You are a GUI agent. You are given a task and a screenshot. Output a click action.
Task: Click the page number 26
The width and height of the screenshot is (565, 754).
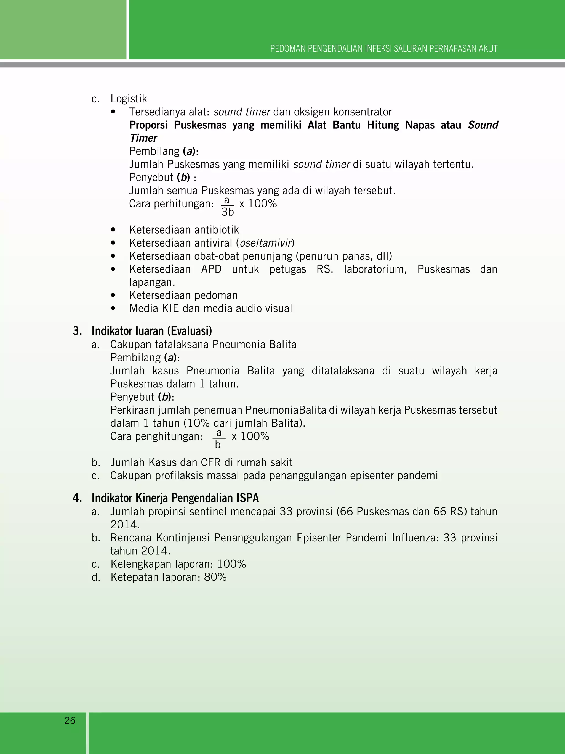tap(70, 720)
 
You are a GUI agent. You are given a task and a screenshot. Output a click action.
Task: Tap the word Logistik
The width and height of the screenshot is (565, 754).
tap(129, 99)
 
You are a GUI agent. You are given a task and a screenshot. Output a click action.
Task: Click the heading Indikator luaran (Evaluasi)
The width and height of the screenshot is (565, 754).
tap(151, 331)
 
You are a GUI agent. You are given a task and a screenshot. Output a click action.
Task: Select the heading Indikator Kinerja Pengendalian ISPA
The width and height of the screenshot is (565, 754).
tap(175, 498)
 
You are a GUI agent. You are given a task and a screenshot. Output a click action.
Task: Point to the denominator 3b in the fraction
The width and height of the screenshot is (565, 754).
tap(228, 212)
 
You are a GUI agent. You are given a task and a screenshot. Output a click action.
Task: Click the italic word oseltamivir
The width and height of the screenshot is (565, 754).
tap(266, 243)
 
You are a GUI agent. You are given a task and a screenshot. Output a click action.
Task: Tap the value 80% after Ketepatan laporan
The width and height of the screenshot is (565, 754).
tap(215, 577)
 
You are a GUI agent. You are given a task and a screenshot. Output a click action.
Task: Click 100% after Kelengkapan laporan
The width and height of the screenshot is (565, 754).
tap(231, 564)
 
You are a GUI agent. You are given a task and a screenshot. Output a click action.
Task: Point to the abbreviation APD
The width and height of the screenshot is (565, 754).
tap(211, 269)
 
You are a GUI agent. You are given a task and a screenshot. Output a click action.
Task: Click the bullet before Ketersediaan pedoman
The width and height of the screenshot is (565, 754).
tap(113, 295)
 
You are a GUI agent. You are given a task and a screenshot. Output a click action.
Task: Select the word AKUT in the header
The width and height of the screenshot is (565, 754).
tap(488, 49)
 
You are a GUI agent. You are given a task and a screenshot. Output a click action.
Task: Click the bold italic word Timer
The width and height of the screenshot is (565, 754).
tap(143, 138)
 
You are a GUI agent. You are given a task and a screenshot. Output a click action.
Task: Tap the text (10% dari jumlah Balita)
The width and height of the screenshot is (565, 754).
tap(244, 423)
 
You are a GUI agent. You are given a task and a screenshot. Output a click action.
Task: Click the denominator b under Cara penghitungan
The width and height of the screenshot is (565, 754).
tap(218, 445)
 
